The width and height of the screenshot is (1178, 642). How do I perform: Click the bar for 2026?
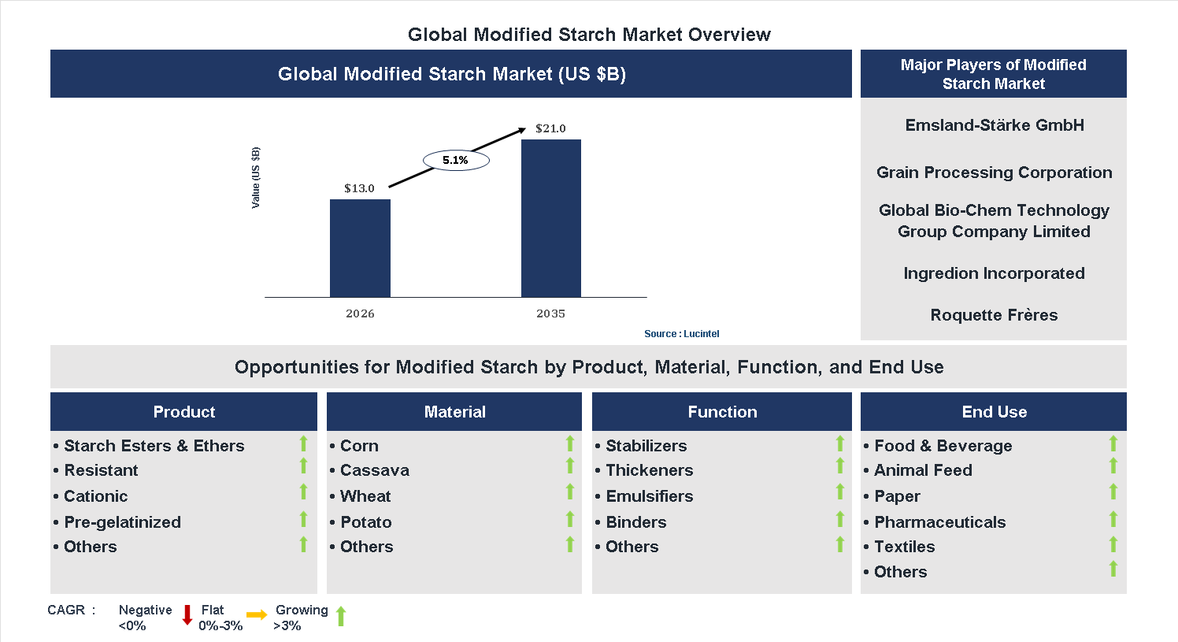click(360, 248)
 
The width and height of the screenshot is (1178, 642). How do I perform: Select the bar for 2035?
click(550, 218)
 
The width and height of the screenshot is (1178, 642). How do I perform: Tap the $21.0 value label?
click(550, 128)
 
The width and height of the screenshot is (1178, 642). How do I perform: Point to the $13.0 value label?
click(359, 188)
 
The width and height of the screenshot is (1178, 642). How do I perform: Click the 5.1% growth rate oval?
click(456, 161)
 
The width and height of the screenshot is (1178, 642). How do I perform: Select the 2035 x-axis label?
click(550, 314)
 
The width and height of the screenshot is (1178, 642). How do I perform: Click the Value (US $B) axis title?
click(255, 178)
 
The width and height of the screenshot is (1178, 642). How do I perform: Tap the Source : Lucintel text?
click(681, 334)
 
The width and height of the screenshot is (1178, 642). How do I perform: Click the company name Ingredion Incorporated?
click(994, 273)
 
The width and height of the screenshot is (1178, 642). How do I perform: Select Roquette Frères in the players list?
click(994, 315)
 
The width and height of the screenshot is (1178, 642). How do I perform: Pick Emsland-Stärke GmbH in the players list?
click(994, 125)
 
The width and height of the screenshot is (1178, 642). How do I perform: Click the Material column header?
click(454, 412)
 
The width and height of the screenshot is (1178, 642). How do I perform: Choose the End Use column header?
click(994, 412)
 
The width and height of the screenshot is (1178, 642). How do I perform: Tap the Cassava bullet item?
click(374, 470)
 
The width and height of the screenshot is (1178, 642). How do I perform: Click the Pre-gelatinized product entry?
click(122, 522)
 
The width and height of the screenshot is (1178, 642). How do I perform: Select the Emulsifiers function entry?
click(649, 496)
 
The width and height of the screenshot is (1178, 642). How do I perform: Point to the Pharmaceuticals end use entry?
click(939, 522)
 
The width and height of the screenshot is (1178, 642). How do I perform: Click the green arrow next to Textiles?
click(1113, 544)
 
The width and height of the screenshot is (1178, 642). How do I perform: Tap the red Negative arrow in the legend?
click(187, 615)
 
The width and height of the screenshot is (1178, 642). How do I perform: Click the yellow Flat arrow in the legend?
click(257, 615)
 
